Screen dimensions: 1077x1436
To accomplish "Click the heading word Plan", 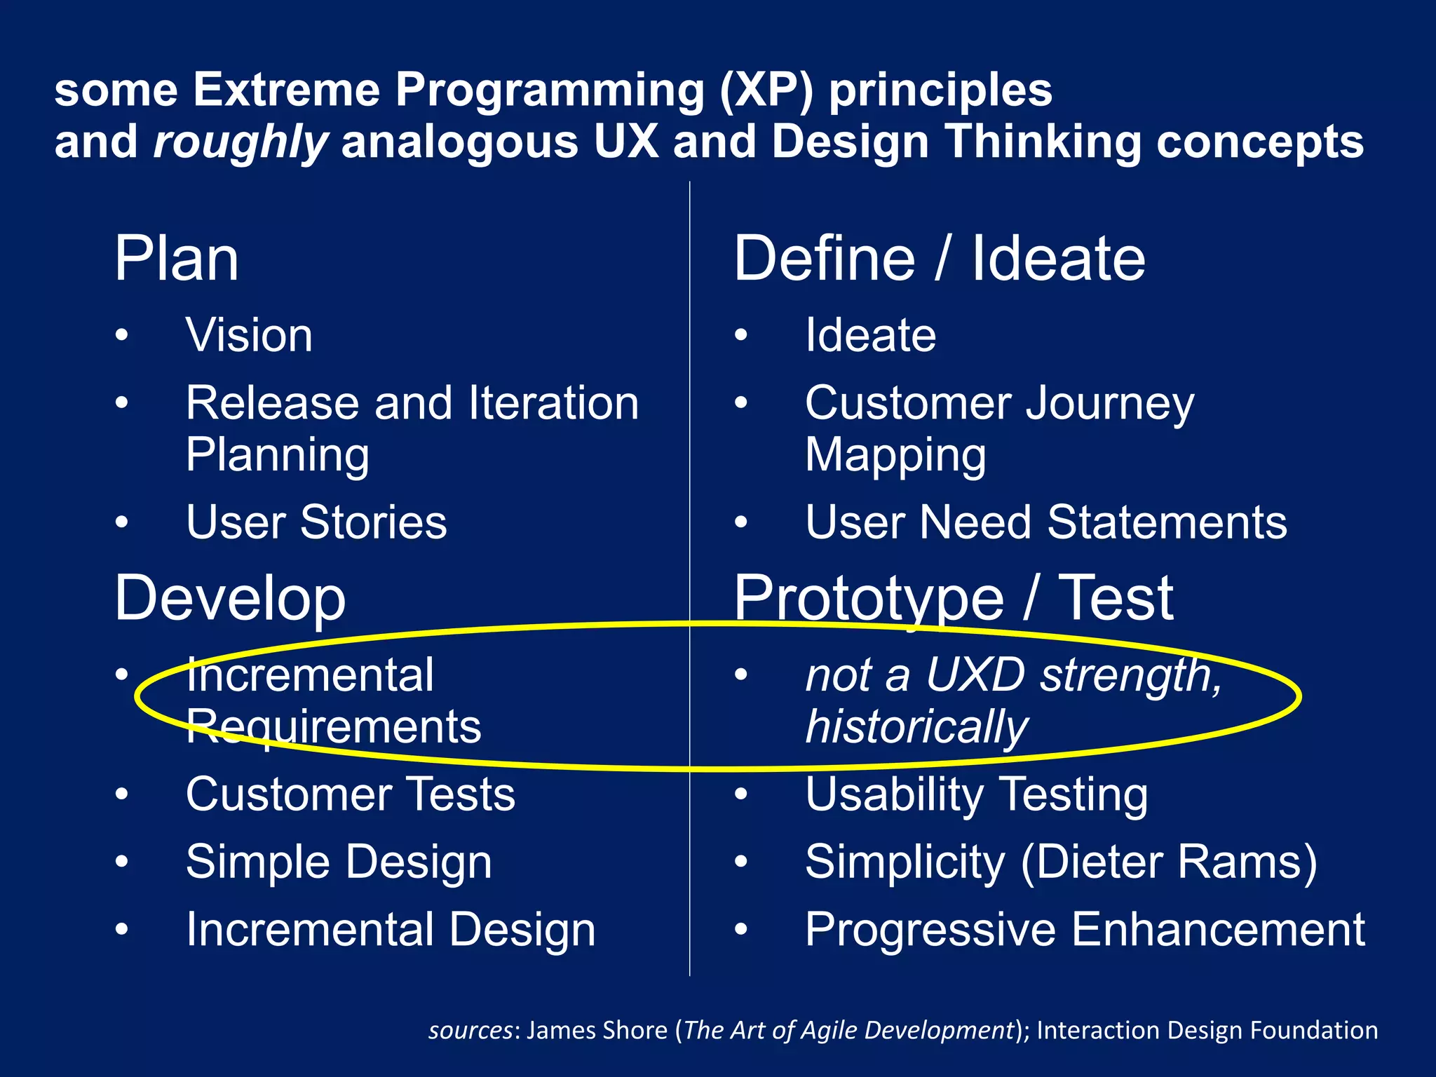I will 177,259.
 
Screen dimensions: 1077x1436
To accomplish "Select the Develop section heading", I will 230,598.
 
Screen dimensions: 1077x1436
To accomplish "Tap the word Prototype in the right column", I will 869,598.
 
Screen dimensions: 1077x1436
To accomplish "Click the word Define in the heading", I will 825,259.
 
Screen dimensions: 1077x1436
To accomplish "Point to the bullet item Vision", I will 249,335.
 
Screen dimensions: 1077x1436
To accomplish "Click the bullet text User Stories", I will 316,522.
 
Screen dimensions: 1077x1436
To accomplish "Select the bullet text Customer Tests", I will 351,794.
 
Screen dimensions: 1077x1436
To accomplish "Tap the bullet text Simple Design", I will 339,862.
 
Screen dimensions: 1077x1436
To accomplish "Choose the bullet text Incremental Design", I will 391,930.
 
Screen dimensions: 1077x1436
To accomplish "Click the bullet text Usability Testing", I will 976,794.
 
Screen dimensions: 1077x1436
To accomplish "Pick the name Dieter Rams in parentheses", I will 1169,862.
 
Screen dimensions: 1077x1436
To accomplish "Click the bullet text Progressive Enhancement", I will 1085,930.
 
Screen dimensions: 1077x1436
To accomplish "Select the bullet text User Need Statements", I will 1045,522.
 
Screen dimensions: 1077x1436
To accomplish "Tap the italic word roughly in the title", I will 240,142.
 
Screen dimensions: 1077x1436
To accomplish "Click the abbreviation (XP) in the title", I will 766,90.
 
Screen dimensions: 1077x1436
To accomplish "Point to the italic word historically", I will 916,726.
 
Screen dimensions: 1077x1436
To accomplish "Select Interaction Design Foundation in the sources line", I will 1207,1030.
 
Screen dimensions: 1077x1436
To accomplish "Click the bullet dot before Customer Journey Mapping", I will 741,403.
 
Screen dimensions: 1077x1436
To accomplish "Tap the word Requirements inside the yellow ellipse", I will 334,726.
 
